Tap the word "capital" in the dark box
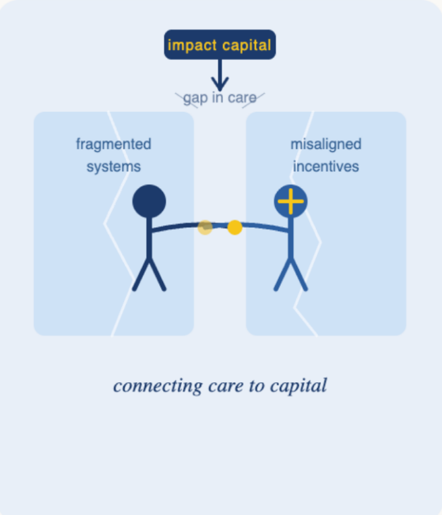(246, 45)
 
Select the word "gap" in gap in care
(195, 98)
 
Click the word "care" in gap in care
(242, 98)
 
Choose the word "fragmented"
(113, 144)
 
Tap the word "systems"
(113, 166)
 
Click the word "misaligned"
(325, 144)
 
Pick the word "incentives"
(325, 166)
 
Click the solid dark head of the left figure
(149, 202)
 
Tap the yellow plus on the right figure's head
(290, 202)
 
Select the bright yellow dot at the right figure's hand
(234, 227)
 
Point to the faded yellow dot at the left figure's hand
(206, 227)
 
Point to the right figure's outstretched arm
(266, 226)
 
